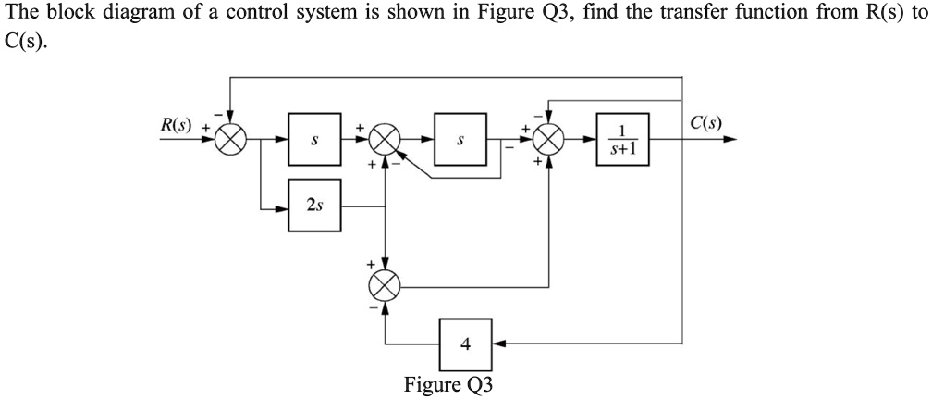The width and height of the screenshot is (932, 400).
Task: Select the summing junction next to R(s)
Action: coord(231,141)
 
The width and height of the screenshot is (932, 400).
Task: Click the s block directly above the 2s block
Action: coord(314,141)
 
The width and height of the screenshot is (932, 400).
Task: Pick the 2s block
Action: coord(314,206)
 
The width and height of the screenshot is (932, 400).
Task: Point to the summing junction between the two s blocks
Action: coord(385,141)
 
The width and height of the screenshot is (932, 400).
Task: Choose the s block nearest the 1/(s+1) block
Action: coord(461,141)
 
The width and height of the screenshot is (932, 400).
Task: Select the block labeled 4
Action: coord(465,344)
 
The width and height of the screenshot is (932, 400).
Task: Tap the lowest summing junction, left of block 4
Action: coord(385,284)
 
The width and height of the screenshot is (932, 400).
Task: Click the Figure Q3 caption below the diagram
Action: coord(448,384)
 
